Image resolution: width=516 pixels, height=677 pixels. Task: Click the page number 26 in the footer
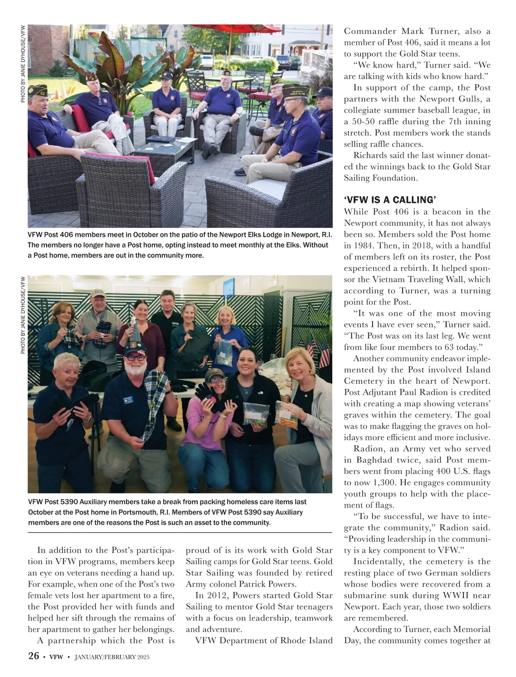(x=34, y=656)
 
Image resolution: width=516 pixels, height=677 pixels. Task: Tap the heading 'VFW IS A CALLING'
(x=390, y=200)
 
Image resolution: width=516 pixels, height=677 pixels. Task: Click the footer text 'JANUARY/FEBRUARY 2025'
(x=112, y=657)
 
